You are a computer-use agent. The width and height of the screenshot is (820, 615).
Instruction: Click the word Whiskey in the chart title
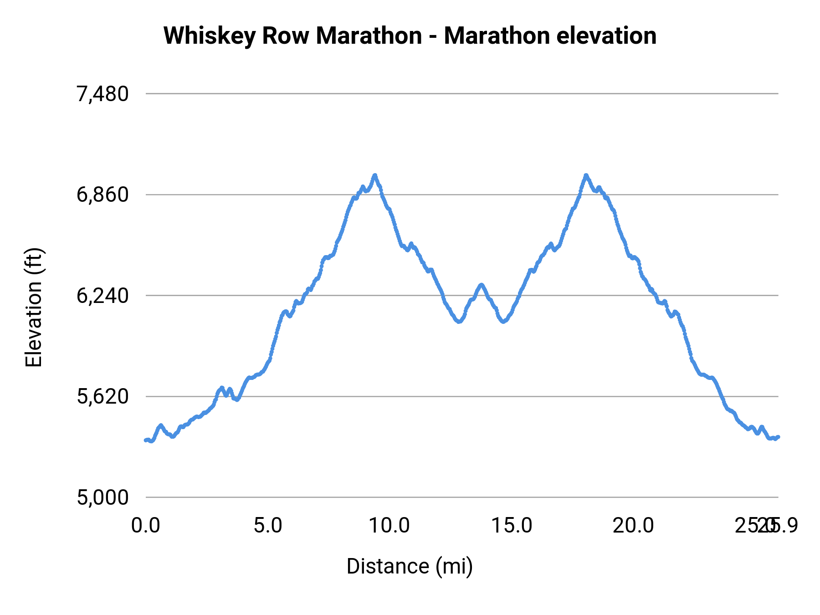(209, 36)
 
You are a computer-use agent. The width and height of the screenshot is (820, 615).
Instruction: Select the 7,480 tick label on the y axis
(103, 94)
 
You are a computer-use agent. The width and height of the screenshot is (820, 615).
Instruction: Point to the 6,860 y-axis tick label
(103, 195)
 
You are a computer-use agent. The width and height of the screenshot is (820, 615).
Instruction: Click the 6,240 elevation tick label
(103, 296)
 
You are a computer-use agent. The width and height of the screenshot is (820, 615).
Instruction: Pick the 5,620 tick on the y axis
(103, 397)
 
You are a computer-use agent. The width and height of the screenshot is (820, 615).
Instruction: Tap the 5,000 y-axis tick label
(103, 497)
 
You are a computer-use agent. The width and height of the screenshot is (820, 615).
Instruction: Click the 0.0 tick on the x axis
(146, 526)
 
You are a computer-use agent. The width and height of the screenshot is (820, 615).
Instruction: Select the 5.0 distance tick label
(268, 526)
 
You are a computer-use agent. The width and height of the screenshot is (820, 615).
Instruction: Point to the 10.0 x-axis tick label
(389, 526)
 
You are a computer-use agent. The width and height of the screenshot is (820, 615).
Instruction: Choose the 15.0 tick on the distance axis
(512, 526)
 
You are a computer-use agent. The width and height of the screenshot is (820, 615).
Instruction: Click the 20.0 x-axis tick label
(633, 526)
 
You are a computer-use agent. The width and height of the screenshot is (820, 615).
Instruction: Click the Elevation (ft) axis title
(34, 307)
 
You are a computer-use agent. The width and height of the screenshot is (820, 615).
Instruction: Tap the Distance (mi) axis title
(410, 566)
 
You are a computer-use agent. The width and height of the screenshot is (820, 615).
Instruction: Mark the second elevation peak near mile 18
(586, 175)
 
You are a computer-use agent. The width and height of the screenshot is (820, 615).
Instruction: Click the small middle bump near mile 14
(481, 285)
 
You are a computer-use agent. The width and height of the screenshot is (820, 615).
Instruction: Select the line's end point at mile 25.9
(778, 437)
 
